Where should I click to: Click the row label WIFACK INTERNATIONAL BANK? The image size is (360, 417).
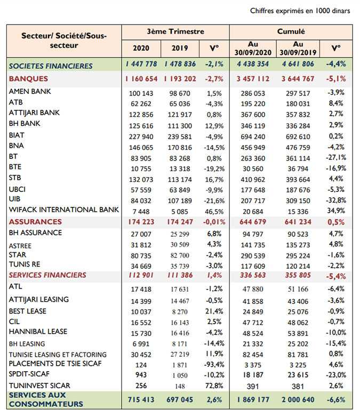click(64, 210)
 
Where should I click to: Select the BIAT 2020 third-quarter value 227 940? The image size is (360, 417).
click(141, 137)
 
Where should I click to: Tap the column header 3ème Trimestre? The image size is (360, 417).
click(175, 31)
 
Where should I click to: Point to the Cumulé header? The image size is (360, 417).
click(291, 31)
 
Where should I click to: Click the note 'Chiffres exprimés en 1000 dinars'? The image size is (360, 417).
click(300, 11)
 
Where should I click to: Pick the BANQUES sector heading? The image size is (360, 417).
click(28, 79)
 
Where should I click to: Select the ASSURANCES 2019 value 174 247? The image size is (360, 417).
click(180, 222)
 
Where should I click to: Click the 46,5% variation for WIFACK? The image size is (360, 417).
click(214, 212)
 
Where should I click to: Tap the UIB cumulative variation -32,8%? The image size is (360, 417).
click(336, 201)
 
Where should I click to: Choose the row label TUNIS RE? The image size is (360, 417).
click(25, 264)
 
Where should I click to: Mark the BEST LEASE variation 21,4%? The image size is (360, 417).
click(214, 311)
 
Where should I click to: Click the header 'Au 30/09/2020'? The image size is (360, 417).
click(253, 49)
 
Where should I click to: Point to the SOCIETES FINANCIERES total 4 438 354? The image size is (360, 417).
click(253, 64)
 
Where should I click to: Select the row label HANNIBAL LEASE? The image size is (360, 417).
click(38, 332)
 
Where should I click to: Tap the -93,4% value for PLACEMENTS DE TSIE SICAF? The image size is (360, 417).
click(214, 364)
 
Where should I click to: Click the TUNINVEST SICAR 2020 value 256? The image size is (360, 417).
click(141, 386)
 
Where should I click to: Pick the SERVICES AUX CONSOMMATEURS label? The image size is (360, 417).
click(46, 399)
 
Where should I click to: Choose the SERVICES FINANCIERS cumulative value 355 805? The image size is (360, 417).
click(298, 275)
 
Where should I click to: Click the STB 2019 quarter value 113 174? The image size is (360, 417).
click(180, 180)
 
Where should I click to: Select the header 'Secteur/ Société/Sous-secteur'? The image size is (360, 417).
click(64, 41)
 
